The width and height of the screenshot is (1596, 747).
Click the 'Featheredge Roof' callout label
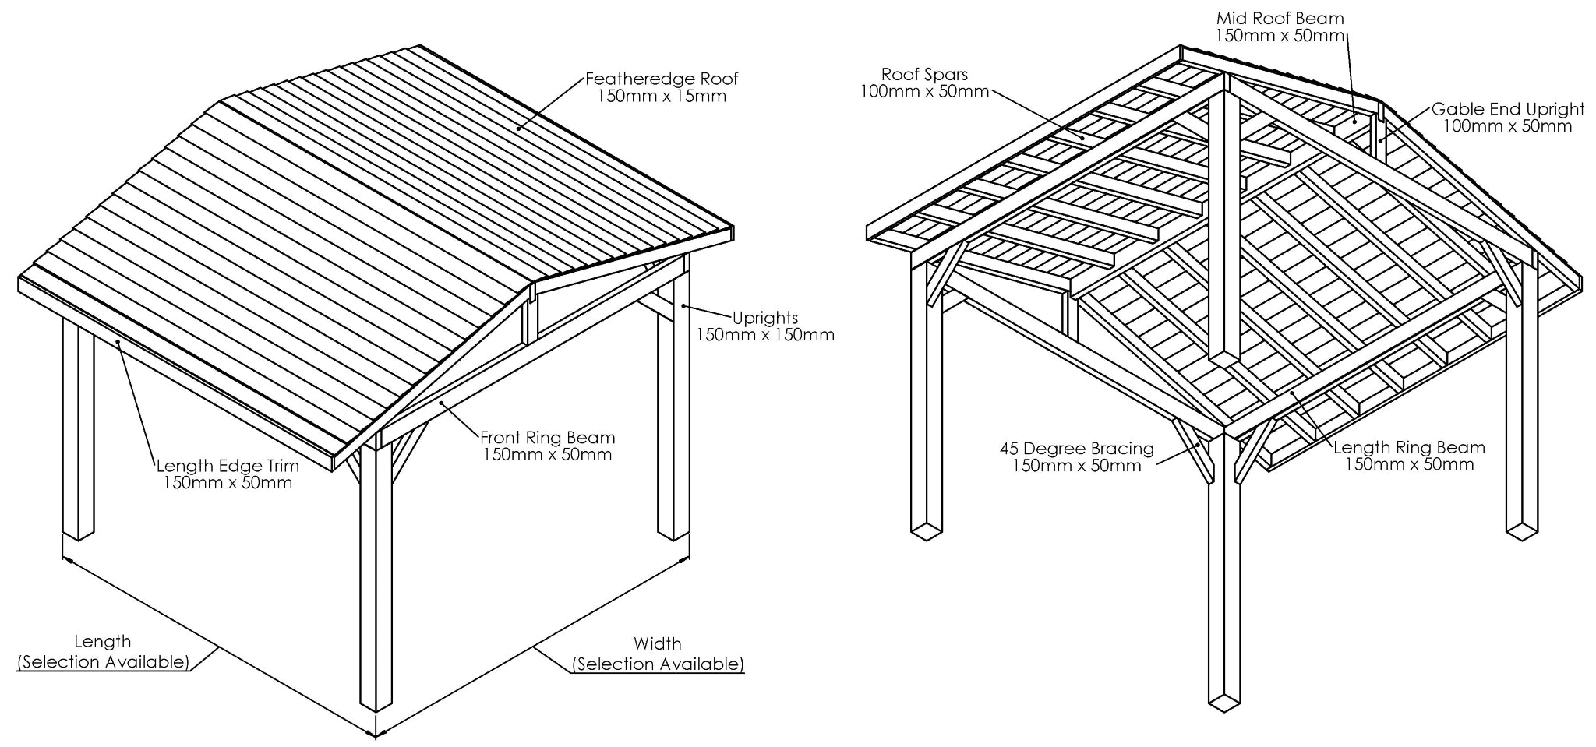click(662, 79)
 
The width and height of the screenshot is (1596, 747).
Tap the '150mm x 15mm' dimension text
click(662, 97)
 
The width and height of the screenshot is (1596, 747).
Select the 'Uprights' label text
click(764, 318)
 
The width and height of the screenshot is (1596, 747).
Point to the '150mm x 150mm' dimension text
click(764, 336)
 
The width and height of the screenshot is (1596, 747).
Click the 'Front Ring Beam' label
click(547, 438)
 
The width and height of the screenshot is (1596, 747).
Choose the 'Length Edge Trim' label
click(228, 466)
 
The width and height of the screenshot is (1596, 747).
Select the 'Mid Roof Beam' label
click(1280, 18)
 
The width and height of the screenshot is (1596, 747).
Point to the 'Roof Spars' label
click(924, 75)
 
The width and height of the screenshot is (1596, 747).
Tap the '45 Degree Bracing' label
click(1076, 449)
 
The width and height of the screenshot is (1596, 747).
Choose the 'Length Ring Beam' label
click(1409, 448)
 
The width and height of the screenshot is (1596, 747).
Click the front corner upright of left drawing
click(376, 576)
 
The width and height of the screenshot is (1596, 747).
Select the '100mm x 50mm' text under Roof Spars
click(924, 92)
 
